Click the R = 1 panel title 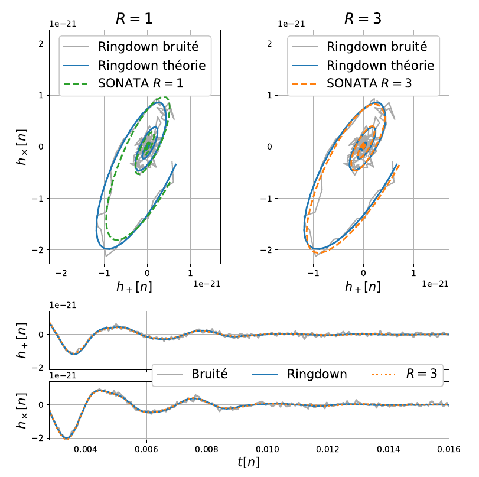tap(135, 18)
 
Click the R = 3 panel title tap(363, 18)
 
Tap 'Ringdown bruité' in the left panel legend tap(152, 46)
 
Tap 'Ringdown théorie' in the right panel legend tap(380, 65)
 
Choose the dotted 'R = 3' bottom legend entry tap(420, 374)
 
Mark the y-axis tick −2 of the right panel tap(266, 249)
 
